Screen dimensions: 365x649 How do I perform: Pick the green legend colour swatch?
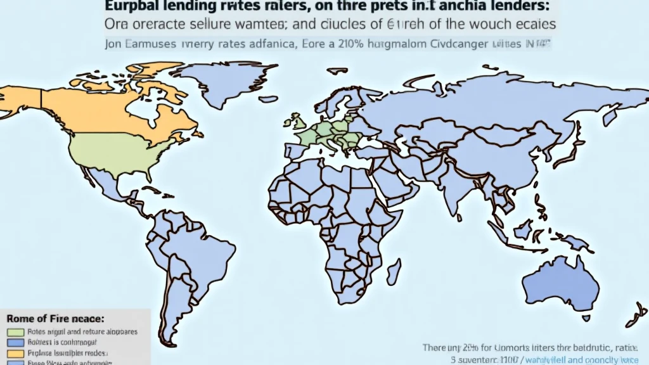[x=15, y=331]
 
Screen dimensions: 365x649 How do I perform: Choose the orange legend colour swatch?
[x=15, y=352]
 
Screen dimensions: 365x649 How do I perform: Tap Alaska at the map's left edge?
[x=19, y=101]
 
